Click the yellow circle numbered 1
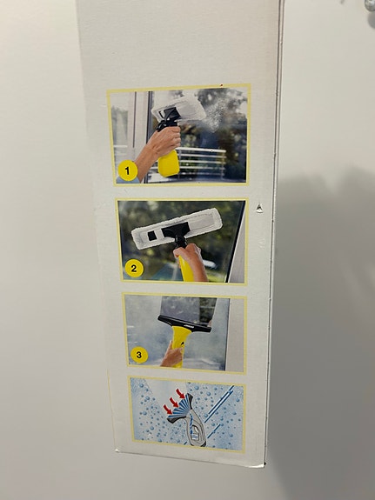coord(128,170)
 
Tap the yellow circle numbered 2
coord(133,268)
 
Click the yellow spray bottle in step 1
coord(168,162)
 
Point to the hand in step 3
coord(172,357)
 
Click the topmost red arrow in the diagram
coord(181,393)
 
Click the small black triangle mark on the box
coord(260,206)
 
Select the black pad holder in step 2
coord(177,232)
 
